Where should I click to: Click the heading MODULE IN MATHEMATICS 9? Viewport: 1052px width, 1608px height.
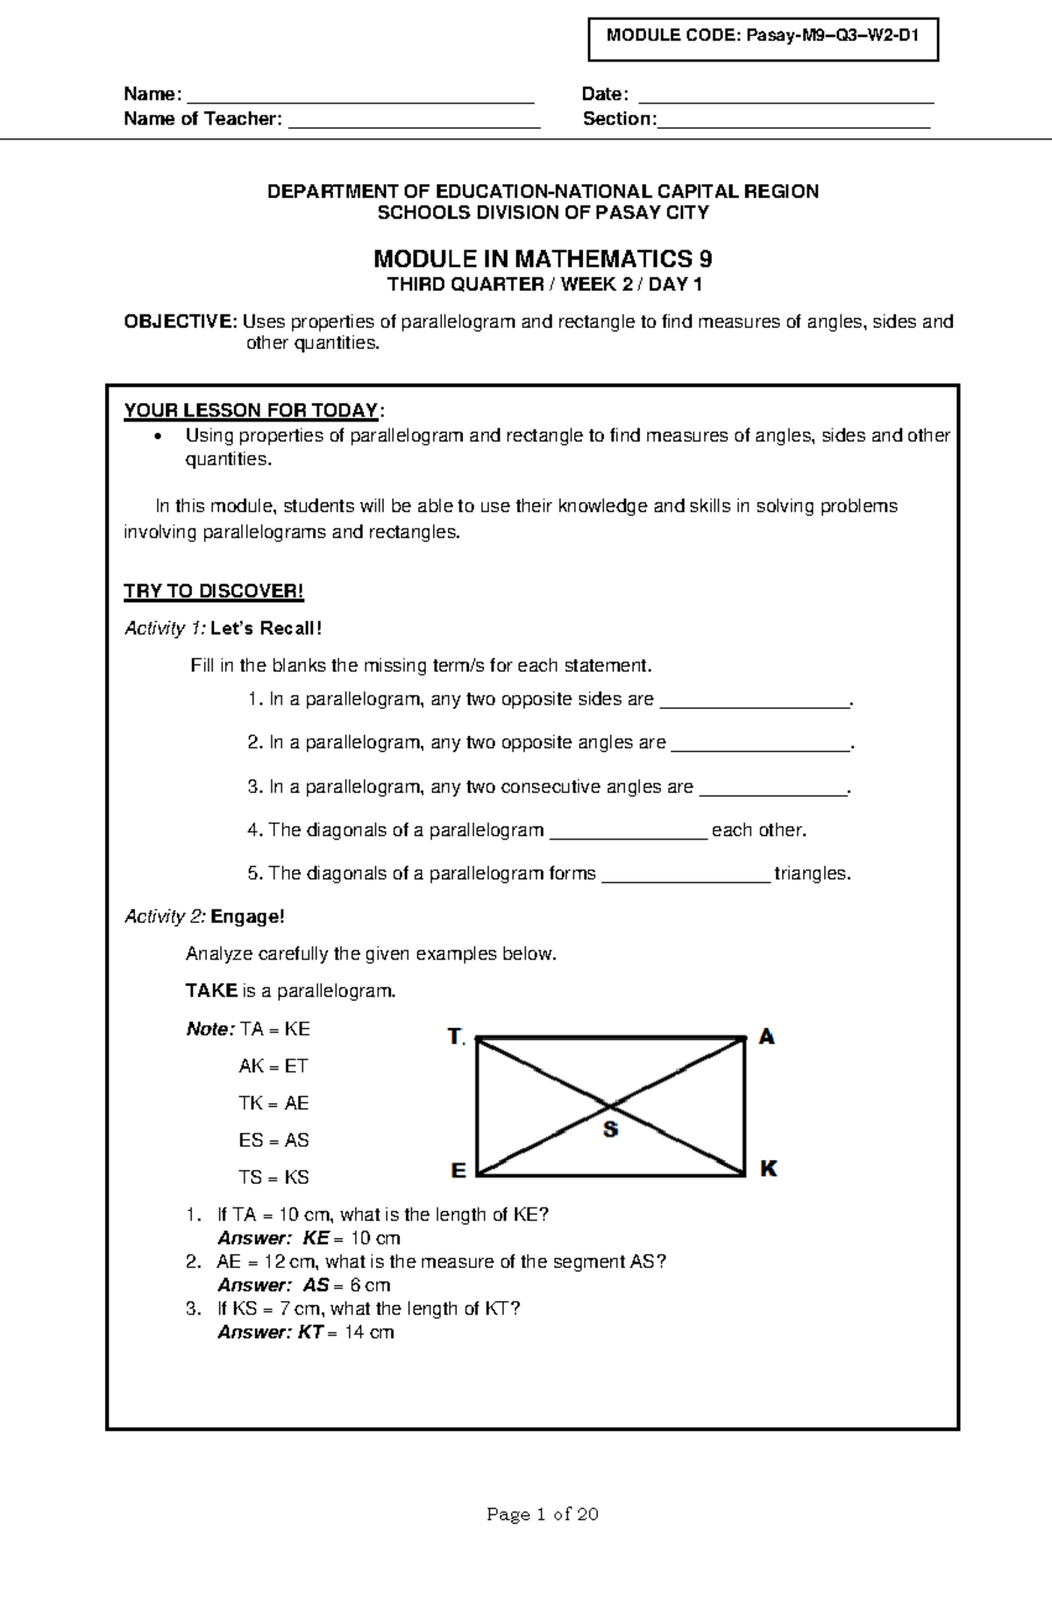coord(543,259)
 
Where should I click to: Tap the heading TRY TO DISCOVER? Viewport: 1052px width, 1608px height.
coord(214,591)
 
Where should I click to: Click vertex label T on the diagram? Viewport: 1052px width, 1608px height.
coord(455,1037)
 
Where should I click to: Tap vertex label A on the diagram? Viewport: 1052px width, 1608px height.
coord(766,1037)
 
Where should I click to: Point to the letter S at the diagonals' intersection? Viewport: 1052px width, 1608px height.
coord(610,1130)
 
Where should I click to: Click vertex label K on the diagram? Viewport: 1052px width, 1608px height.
coord(768,1168)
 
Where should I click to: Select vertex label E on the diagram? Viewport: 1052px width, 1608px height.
coord(458,1170)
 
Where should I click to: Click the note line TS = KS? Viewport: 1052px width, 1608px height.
coord(274,1177)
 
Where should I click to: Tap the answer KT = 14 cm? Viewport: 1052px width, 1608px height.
coord(306,1333)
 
